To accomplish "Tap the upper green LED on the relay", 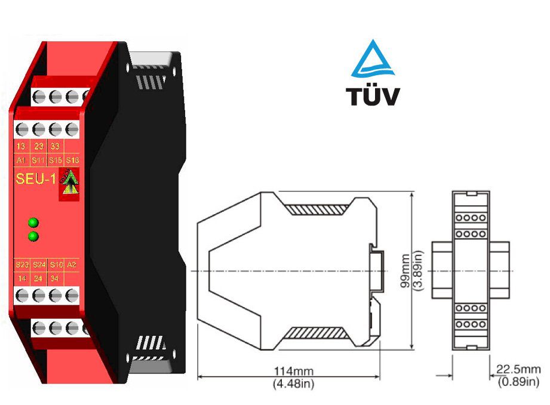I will pyautogui.click(x=33, y=223).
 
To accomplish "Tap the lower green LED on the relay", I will pyautogui.click(x=33, y=237).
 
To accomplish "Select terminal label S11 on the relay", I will pyautogui.click(x=39, y=160).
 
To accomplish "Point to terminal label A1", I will pyautogui.click(x=21, y=160).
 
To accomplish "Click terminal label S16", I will pyautogui.click(x=72, y=160).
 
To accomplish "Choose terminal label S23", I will pyautogui.click(x=23, y=264).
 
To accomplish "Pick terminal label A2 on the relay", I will pyautogui.click(x=72, y=264).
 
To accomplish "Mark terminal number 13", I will pyautogui.click(x=21, y=146).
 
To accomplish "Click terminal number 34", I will pyautogui.click(x=56, y=278).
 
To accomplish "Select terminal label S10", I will pyautogui.click(x=56, y=264).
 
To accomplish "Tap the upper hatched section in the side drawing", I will pyautogui.click(x=315, y=210).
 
